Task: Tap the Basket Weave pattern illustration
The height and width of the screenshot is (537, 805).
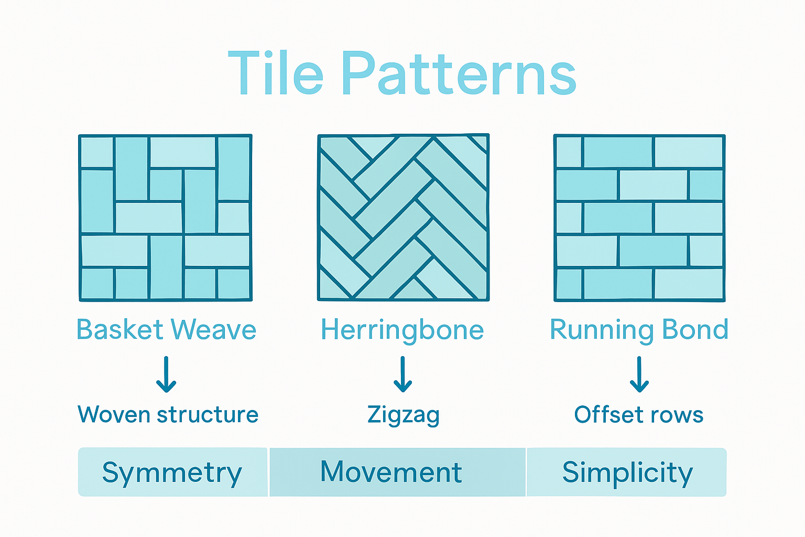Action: [x=166, y=218]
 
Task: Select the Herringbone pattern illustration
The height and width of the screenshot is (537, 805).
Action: [x=403, y=218]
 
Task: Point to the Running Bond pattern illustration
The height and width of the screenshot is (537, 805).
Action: [x=639, y=218]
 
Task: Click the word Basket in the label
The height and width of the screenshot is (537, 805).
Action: [x=120, y=330]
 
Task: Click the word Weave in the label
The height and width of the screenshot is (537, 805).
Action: [x=214, y=330]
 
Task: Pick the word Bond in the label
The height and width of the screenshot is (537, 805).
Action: [x=695, y=329]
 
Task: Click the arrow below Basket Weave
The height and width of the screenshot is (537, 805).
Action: [x=166, y=374]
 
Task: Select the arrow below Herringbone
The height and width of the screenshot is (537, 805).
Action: [x=402, y=374]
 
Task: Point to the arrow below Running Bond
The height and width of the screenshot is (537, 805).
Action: [x=639, y=374]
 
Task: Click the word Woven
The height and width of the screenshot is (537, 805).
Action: [x=114, y=414]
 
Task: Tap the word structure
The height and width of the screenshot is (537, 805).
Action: [x=208, y=414]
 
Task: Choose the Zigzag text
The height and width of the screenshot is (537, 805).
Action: [x=403, y=415]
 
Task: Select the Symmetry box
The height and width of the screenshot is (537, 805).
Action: [x=172, y=472]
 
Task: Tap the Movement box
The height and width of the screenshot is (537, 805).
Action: [x=397, y=472]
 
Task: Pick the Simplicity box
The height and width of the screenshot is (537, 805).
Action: [x=627, y=472]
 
